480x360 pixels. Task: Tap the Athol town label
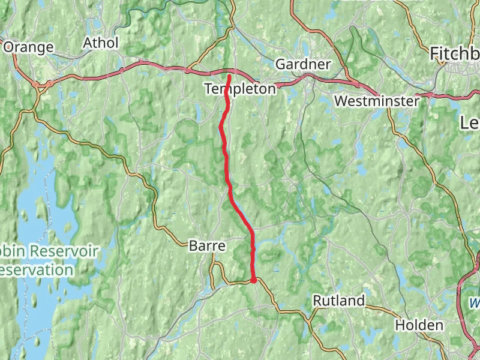[x=101, y=43]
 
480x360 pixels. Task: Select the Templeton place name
[x=240, y=89]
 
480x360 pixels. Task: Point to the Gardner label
[x=303, y=64]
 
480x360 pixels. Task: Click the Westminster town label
[x=377, y=101]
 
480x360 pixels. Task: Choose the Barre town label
[x=206, y=245]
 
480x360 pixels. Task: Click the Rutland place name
[x=339, y=300]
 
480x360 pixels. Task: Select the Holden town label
[x=419, y=325]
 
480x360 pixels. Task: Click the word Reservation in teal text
[x=36, y=270]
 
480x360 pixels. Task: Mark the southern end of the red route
[x=254, y=280]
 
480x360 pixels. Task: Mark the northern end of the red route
[x=229, y=76]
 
